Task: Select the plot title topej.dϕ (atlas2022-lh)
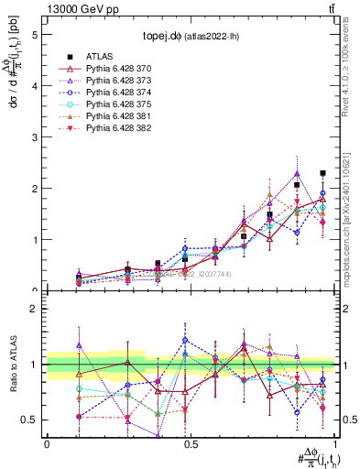(191, 37)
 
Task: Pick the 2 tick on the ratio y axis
(34, 309)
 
